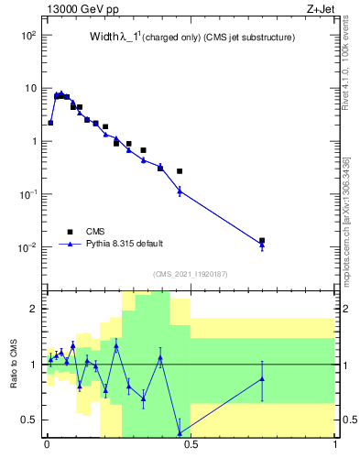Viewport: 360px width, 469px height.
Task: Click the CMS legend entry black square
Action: (x=70, y=232)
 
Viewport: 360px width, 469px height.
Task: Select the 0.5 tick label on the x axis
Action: (x=191, y=449)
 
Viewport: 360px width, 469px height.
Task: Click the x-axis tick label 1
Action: (x=334, y=449)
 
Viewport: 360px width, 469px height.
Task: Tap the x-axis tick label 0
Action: (x=47, y=449)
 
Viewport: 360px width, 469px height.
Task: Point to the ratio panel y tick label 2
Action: (x=32, y=309)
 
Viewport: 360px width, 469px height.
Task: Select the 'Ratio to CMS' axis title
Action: (x=14, y=364)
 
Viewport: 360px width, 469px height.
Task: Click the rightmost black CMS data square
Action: (x=262, y=241)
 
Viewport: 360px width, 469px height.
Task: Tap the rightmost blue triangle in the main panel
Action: (x=262, y=245)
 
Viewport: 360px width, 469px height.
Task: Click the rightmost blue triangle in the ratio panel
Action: (x=262, y=378)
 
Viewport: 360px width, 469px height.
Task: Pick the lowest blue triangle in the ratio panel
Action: (x=180, y=433)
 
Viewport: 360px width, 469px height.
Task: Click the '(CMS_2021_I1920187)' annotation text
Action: (x=190, y=274)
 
